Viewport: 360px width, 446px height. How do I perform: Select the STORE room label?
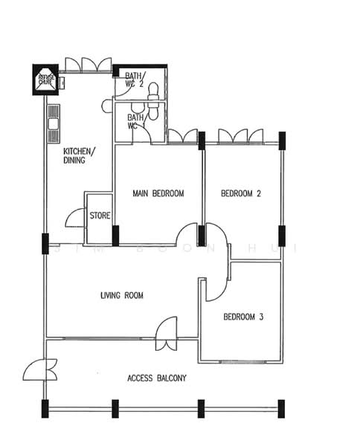(100, 216)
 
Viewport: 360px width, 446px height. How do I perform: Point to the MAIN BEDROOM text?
(158, 193)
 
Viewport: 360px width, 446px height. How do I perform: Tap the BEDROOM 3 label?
(243, 317)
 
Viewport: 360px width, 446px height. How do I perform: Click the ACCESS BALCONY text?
(157, 378)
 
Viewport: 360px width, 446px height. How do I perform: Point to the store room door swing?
(75, 218)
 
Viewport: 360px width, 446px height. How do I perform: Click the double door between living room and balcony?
(166, 334)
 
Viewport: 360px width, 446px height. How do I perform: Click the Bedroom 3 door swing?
(216, 290)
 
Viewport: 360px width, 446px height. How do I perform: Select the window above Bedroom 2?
(240, 137)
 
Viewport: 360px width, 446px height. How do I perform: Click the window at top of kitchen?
(87, 65)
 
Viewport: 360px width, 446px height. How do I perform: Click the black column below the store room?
(115, 236)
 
